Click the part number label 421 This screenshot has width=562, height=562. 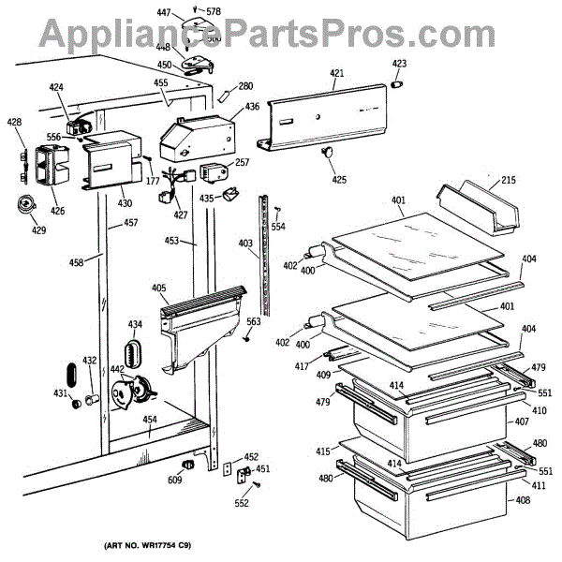coord(336,71)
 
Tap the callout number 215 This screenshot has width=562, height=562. coord(509,180)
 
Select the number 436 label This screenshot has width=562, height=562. coord(252,107)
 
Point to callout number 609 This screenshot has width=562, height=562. coord(175,481)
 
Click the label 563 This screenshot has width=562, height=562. coord(254,321)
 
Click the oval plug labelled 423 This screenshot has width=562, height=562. coord(398,82)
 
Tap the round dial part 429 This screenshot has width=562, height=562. coord(25,205)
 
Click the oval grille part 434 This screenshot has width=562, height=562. coord(135,355)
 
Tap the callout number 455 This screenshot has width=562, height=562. coord(161,83)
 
